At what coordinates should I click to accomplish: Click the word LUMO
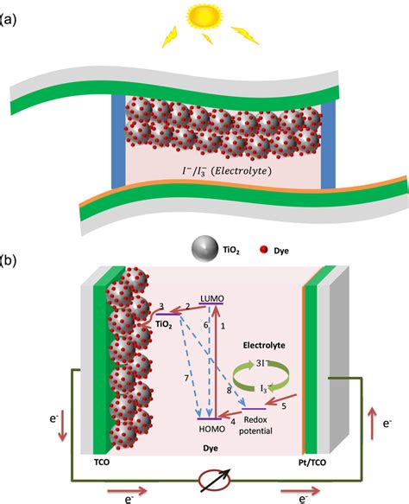[211, 298]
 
